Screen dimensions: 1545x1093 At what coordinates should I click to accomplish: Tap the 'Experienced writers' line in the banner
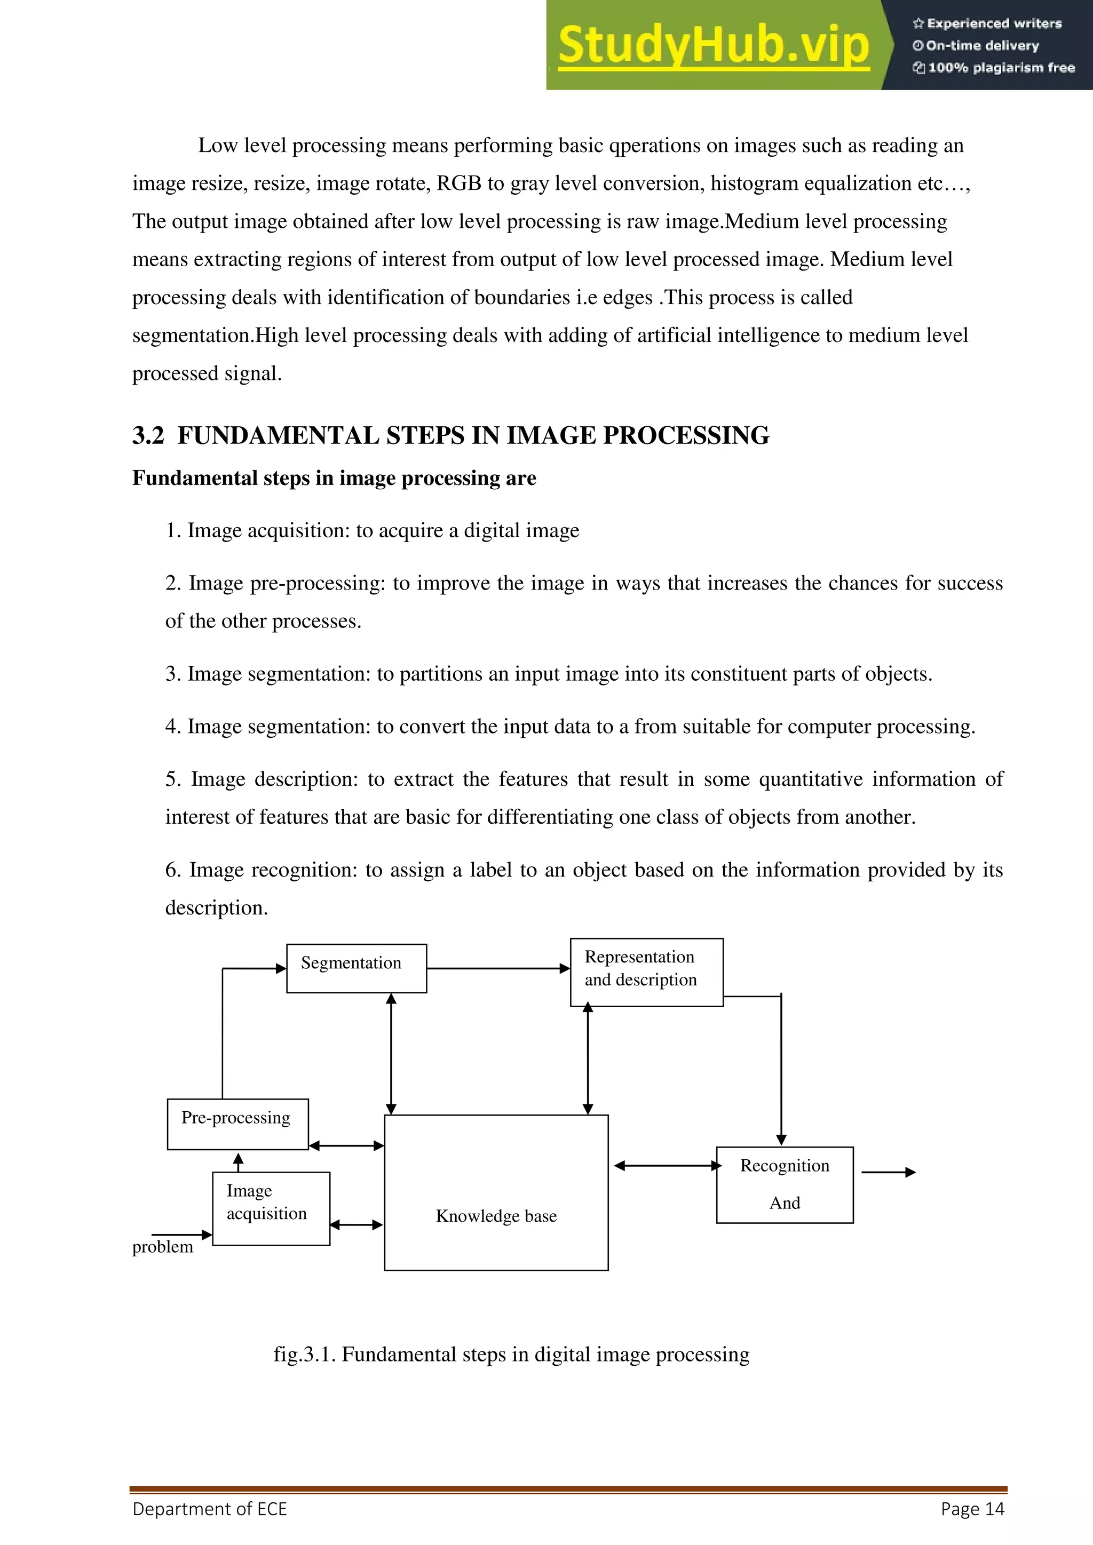pos(987,23)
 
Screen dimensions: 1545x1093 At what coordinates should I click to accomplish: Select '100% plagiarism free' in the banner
pos(994,67)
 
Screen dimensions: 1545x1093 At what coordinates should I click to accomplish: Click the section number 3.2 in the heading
pos(148,435)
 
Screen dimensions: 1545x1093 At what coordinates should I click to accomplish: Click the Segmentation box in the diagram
pos(356,968)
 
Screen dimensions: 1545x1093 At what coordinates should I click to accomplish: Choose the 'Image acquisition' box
pos(271,1208)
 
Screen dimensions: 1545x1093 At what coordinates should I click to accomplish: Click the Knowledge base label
pos(496,1215)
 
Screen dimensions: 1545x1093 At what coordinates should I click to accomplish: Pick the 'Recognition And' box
pos(784,1184)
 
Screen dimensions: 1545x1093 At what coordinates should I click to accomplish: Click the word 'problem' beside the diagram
pos(162,1247)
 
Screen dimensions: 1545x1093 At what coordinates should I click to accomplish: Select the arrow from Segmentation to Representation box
pos(498,968)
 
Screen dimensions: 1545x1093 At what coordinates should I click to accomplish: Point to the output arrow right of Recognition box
pos(889,1172)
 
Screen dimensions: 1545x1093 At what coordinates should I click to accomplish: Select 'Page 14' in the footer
pos(972,1509)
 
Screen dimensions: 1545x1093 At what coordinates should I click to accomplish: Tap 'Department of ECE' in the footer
pos(209,1509)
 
